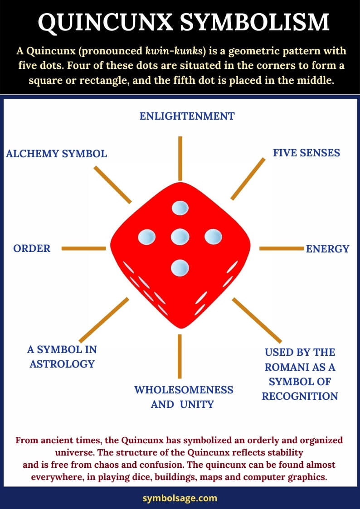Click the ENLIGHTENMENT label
pyautogui.click(x=187, y=116)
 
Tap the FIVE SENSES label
pyautogui.click(x=306, y=153)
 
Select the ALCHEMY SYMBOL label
pyautogui.click(x=57, y=154)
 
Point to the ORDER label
pyautogui.click(x=32, y=248)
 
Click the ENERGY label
pyautogui.click(x=327, y=249)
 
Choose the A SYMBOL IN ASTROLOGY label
pyautogui.click(x=62, y=357)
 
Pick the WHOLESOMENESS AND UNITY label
pyautogui.click(x=184, y=397)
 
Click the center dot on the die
pyautogui.click(x=180, y=236)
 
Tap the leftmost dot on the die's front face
pyautogui.click(x=146, y=237)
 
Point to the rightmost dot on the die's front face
pyautogui.click(x=213, y=236)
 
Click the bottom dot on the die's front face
pyautogui.click(x=180, y=267)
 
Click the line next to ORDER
pyautogui.click(x=83, y=248)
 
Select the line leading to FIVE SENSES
pyautogui.click(x=248, y=179)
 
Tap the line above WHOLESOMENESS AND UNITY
pyautogui.click(x=180, y=356)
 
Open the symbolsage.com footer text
pyautogui.click(x=180, y=498)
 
